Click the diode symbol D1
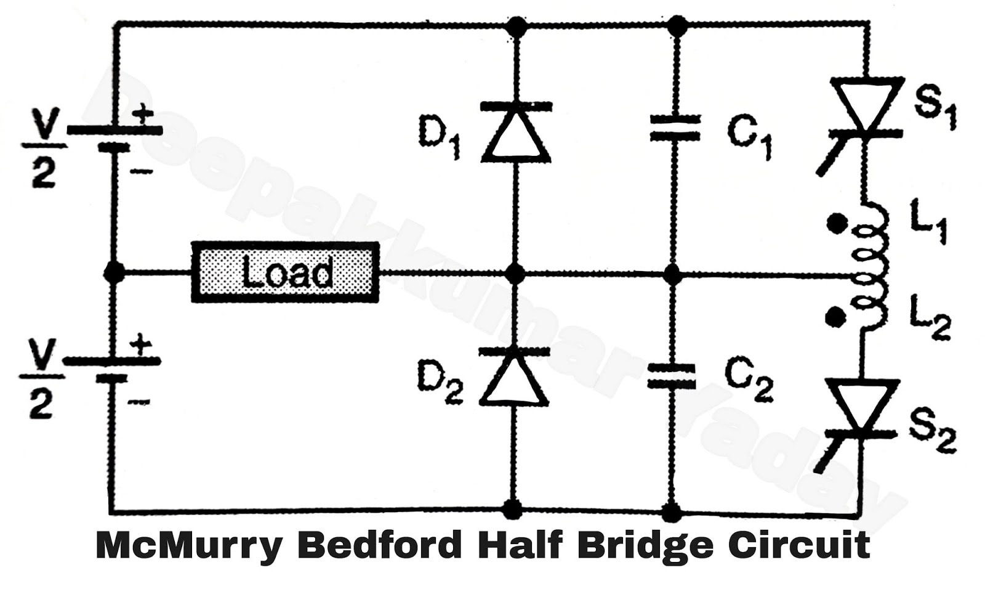click(515, 132)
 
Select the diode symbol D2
click(515, 376)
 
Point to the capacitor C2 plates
click(672, 376)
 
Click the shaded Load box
click(284, 272)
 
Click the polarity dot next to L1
click(835, 224)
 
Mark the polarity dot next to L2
click(835, 317)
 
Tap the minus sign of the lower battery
click(140, 402)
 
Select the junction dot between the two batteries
click(113, 271)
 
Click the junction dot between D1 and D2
click(515, 273)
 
